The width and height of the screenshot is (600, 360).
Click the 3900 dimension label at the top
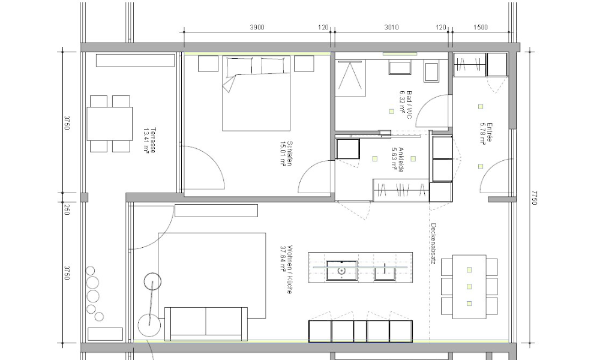click(257, 27)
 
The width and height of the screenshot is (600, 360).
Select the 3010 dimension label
click(391, 27)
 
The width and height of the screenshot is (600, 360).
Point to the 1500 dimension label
click(480, 27)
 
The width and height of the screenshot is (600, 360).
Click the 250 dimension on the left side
click(67, 210)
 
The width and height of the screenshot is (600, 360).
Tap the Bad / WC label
click(406, 104)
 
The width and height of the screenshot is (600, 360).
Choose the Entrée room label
click(486, 133)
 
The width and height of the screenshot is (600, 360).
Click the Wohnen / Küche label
click(286, 268)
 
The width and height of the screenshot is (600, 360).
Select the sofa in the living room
click(206, 322)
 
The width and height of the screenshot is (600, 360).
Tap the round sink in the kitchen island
click(341, 271)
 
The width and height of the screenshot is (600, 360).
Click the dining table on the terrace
click(110, 124)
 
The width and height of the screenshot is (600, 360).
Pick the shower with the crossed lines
click(349, 79)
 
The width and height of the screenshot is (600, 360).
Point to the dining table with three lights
click(469, 287)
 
